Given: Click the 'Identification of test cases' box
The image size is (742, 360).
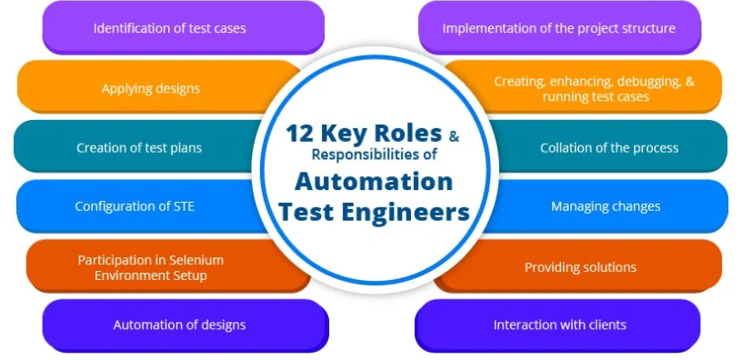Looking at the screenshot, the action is coord(183,27).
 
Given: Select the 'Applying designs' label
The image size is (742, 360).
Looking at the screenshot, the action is coord(150,88).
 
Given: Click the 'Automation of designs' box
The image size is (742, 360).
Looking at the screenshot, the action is coord(185,325).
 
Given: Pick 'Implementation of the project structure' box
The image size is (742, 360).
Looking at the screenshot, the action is coord(559,27).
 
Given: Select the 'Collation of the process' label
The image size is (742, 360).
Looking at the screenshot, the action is coord(609,147).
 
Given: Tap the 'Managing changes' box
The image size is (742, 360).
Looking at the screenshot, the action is coord(607,206).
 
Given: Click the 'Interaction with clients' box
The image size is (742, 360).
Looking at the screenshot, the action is coord(557,325).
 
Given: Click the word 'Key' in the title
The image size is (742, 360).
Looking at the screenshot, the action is coord(344,135).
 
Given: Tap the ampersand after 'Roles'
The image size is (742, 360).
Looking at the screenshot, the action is coord(454,137).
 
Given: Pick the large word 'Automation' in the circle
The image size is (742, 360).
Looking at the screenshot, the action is coord(374,182).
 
